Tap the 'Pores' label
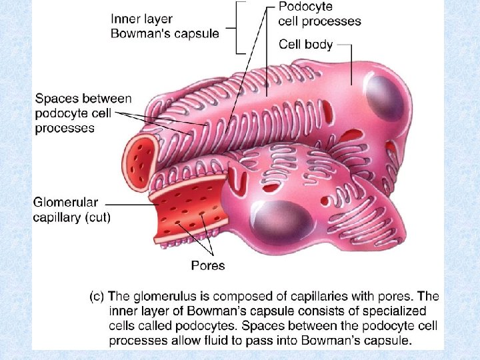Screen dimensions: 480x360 pyautogui.click(x=208, y=266)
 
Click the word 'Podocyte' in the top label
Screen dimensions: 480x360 pyautogui.click(x=307, y=7)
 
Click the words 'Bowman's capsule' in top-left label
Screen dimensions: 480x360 pyautogui.click(x=165, y=34)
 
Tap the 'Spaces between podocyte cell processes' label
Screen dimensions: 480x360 pyautogui.click(x=74, y=113)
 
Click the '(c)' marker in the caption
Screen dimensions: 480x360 pyautogui.click(x=97, y=297)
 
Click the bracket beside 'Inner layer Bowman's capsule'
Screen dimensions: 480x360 pyautogui.click(x=235, y=27)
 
